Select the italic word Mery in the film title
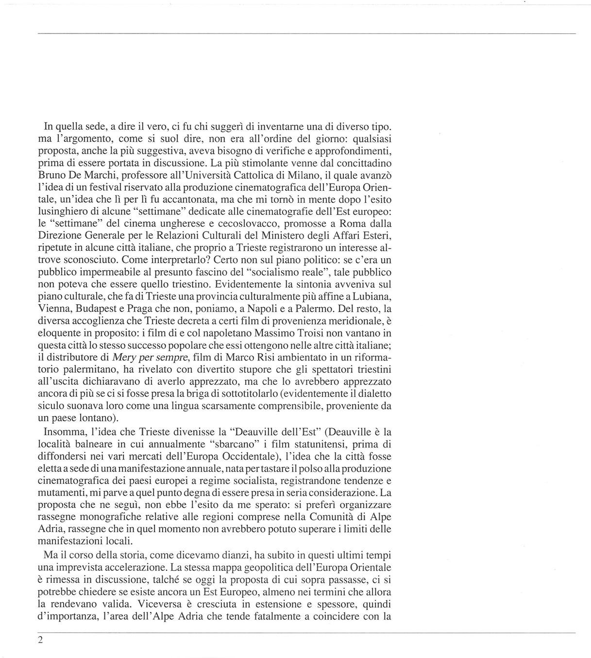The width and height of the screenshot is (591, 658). pyautogui.click(x=124, y=358)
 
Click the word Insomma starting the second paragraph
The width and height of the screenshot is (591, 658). pyautogui.click(x=63, y=432)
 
